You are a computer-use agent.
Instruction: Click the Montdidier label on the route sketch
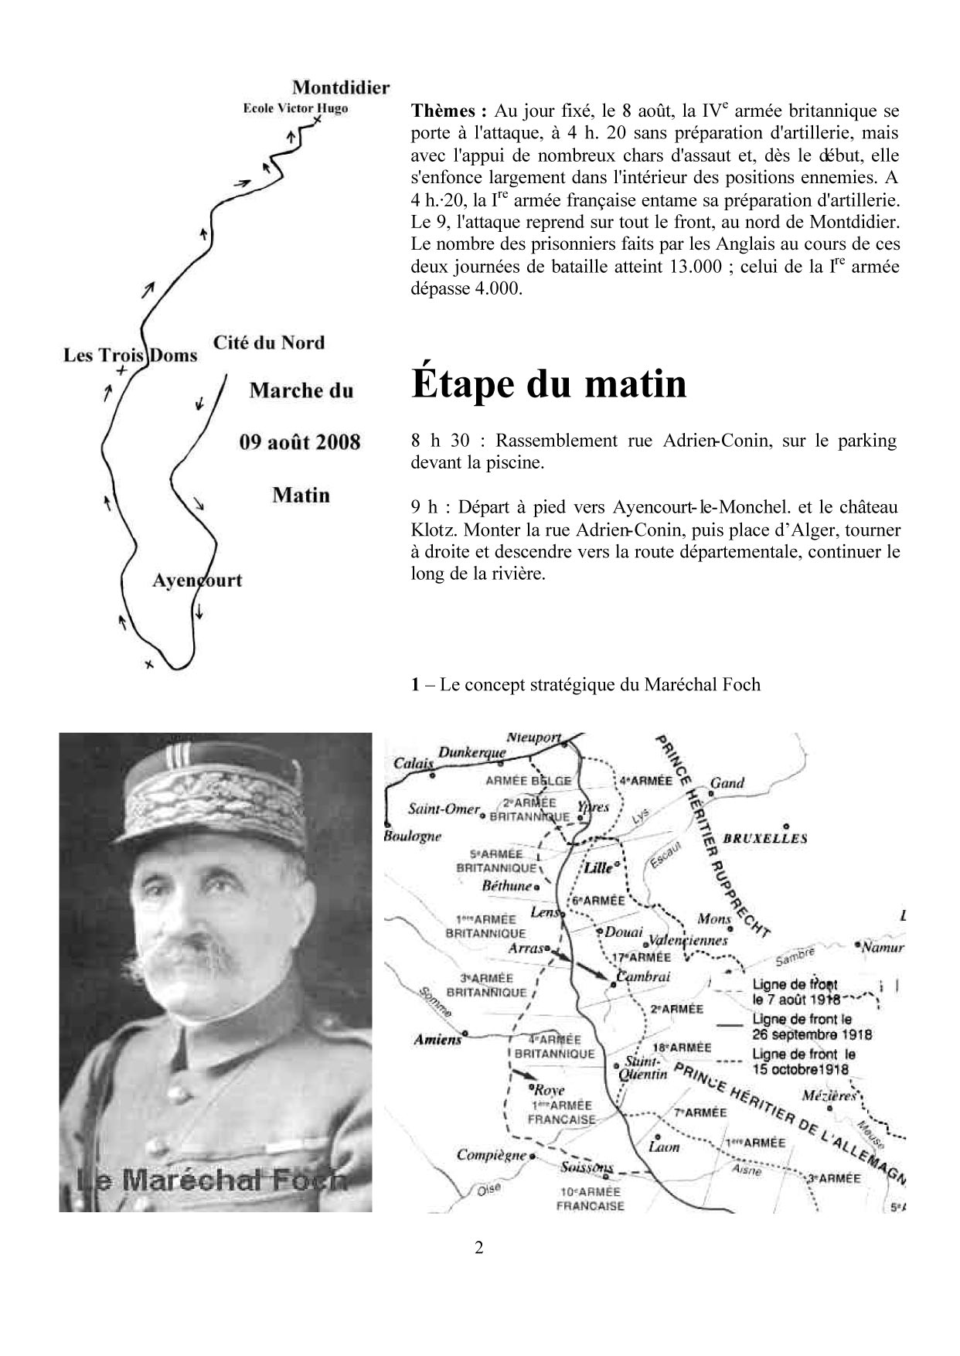[341, 88]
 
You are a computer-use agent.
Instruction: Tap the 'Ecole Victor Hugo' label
[295, 108]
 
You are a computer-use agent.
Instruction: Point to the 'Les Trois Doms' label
[130, 356]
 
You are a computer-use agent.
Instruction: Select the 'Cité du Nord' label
[269, 342]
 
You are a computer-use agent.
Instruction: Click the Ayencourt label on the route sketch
[197, 581]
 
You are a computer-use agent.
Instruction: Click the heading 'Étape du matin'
[549, 383]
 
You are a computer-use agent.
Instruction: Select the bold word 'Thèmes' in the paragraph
[448, 111]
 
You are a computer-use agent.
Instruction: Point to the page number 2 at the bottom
[479, 1247]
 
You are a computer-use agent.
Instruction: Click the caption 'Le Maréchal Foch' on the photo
[212, 1180]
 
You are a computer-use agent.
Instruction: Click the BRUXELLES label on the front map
[765, 838]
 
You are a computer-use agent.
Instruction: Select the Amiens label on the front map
[437, 1040]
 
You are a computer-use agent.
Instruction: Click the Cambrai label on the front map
[644, 976]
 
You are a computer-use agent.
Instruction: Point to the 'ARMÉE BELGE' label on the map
[529, 781]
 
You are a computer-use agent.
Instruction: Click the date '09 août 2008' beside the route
[300, 442]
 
